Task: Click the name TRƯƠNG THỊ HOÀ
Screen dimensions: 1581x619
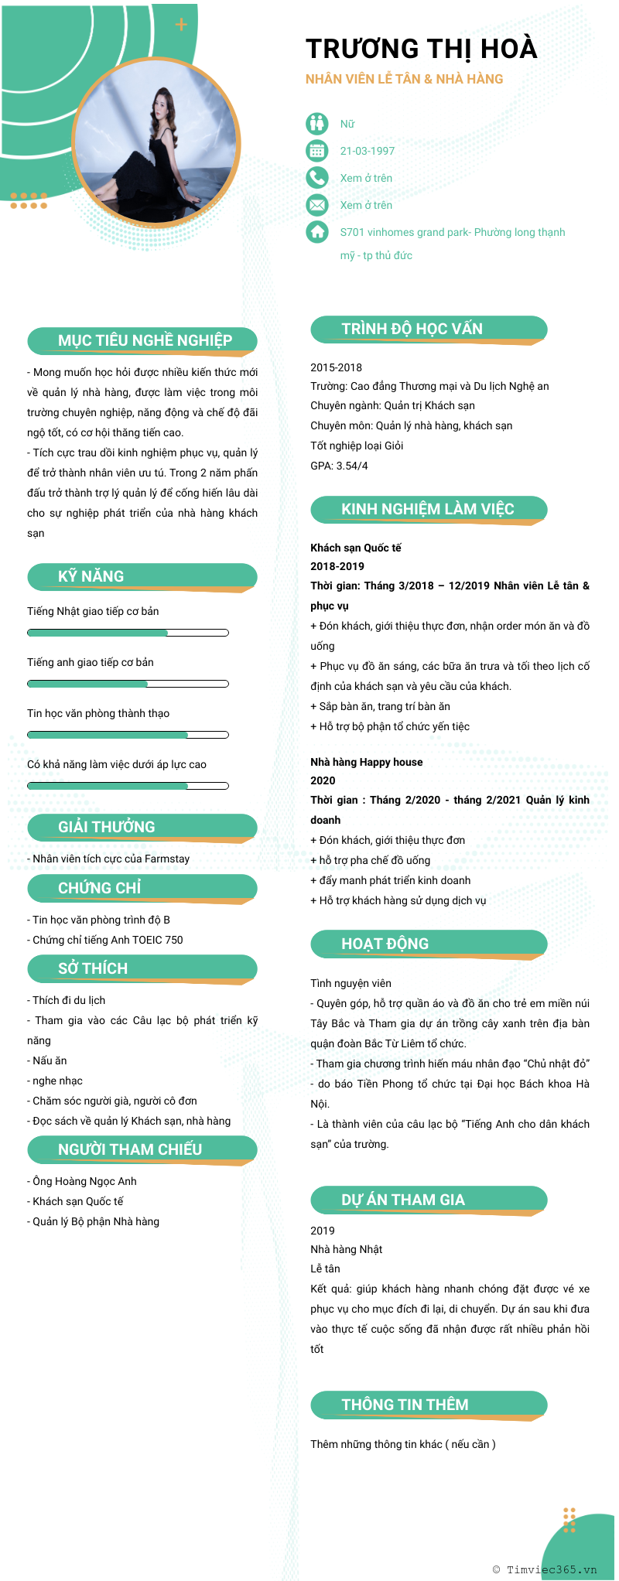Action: pos(421,49)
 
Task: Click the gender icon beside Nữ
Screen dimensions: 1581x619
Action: pos(317,124)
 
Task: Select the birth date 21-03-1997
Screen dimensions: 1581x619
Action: pos(368,151)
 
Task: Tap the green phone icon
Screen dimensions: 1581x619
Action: pos(317,178)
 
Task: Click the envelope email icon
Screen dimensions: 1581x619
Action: pos(317,205)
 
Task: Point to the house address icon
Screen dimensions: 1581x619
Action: pos(317,232)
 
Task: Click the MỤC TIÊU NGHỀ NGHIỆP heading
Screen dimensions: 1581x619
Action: pos(145,340)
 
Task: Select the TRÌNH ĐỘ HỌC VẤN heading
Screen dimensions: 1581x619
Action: pos(412,329)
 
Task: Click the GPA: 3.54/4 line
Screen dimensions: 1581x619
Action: pos(339,466)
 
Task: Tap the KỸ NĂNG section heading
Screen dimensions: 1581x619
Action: pos(91,576)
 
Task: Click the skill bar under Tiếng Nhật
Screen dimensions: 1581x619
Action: pos(128,633)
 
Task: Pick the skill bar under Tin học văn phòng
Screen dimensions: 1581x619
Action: pos(128,735)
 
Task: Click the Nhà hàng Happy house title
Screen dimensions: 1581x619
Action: pos(367,762)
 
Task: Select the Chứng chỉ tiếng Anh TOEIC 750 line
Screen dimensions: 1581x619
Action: pos(108,940)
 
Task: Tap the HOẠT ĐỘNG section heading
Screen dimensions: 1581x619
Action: pos(385,944)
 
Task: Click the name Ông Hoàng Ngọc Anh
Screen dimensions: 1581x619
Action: pos(84,1181)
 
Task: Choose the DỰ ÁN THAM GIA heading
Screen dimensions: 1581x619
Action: pos(403,1200)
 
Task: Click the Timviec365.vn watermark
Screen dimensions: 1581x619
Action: pos(545,1569)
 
